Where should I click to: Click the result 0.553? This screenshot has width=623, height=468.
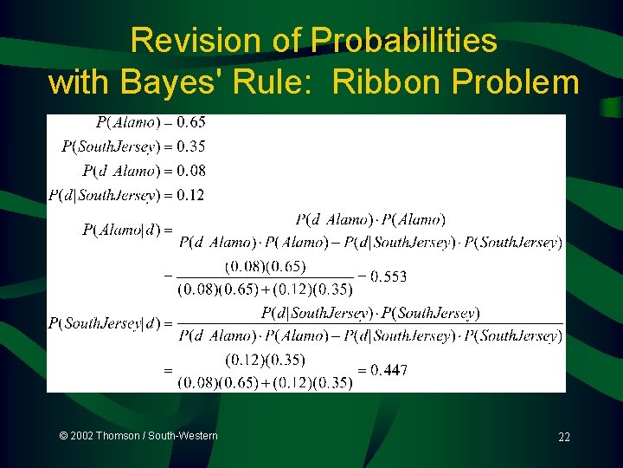click(x=388, y=276)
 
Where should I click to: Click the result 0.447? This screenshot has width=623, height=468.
click(x=389, y=370)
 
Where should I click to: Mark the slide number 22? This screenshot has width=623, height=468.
click(x=563, y=438)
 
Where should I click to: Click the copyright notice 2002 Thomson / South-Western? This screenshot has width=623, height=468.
click(x=138, y=436)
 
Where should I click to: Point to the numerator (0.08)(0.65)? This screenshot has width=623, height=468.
click(x=265, y=266)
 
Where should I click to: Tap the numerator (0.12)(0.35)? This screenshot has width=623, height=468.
click(x=265, y=359)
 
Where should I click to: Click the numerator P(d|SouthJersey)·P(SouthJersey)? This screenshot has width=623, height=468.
click(x=370, y=313)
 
